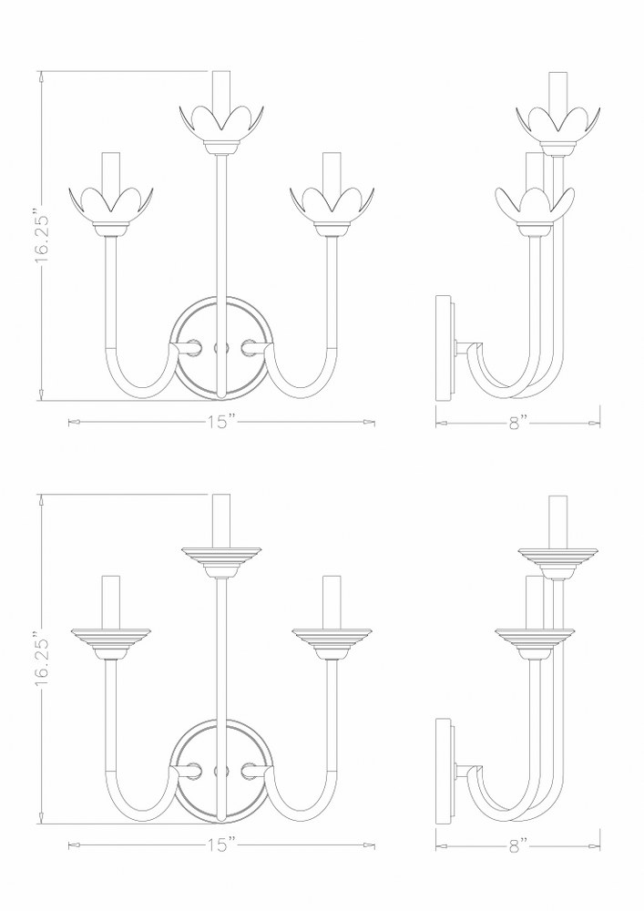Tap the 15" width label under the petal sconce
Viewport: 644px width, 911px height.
221,422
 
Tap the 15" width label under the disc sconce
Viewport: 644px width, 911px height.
221,844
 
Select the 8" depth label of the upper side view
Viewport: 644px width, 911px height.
516,423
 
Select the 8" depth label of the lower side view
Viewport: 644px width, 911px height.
516,846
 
